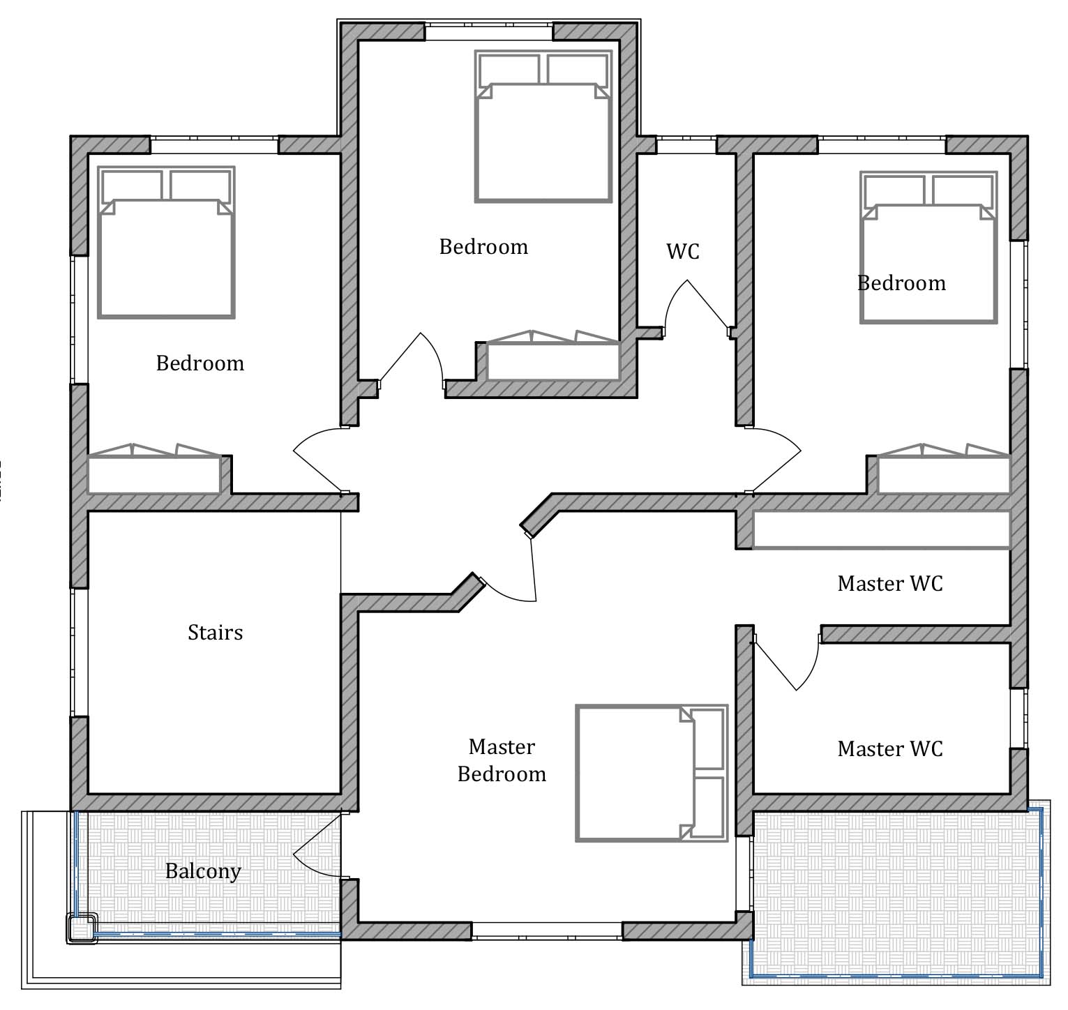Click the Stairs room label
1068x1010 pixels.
coord(216,633)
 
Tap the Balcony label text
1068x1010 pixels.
coord(203,871)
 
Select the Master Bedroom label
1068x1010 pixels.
coord(502,760)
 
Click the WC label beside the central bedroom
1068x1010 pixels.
coord(683,251)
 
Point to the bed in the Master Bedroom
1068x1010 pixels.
coord(652,773)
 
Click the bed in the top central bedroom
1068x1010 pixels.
coord(543,126)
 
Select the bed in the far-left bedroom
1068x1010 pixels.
coord(166,242)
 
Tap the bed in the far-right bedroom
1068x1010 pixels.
coord(928,247)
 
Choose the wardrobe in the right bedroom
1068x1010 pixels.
coord(944,468)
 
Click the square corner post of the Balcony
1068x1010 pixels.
coord(82,928)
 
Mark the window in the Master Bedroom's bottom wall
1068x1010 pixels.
coord(547,930)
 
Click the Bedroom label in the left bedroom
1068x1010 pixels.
coord(200,363)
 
